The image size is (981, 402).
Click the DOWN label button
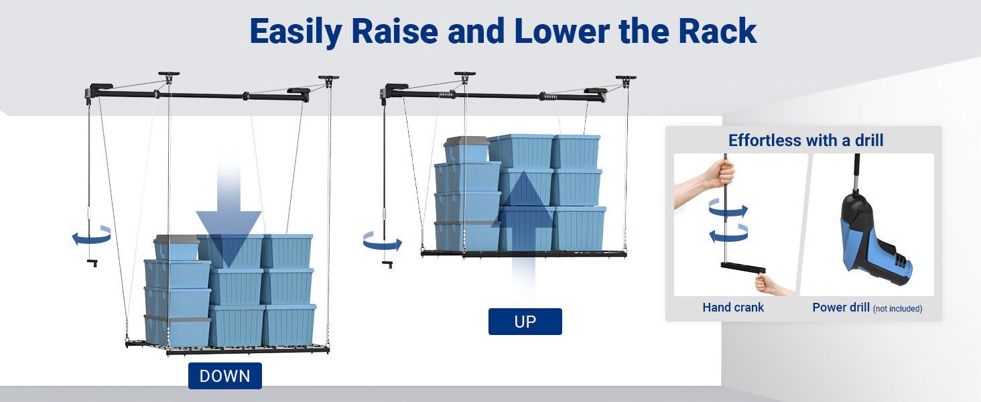pos(225,376)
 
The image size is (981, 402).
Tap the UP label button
pos(525,322)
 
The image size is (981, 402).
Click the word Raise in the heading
pos(395,31)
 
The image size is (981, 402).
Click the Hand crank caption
pos(733,308)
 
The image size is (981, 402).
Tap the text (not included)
pos(897,309)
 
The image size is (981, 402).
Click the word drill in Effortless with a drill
pos(869,141)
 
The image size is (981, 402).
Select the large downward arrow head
pos(228,237)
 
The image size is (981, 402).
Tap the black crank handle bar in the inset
pos(743,267)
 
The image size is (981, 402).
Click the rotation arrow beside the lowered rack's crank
pos(92,236)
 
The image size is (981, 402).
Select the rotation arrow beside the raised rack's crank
pos(382,242)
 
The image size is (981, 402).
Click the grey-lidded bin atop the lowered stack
pos(177,248)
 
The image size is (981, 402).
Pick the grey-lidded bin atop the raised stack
pos(467,149)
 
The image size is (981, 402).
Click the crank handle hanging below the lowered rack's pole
pos(92,263)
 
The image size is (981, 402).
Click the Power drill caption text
pos(841,308)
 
